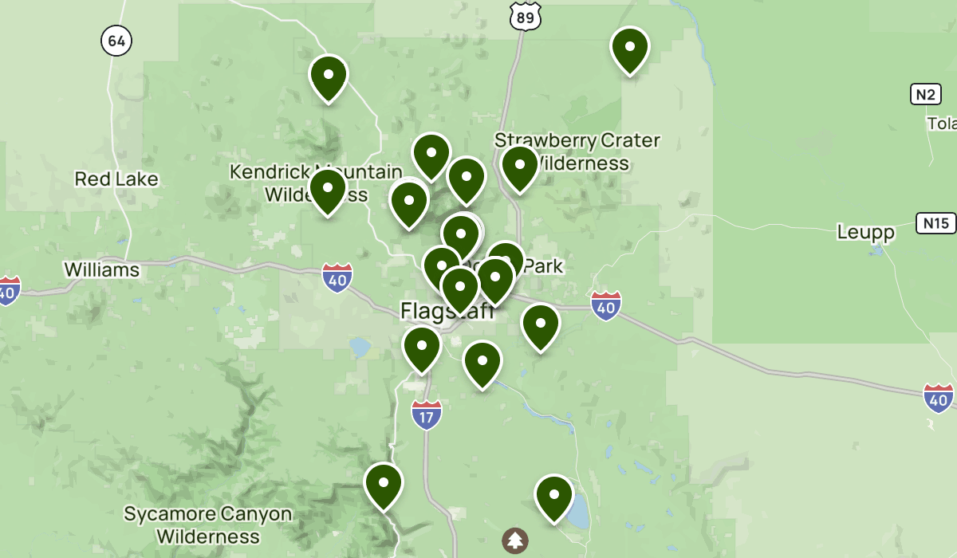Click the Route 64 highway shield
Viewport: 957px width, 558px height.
pyautogui.click(x=116, y=41)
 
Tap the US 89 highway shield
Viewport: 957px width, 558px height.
pyautogui.click(x=526, y=15)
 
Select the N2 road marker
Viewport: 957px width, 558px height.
pyautogui.click(x=925, y=95)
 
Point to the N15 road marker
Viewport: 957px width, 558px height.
pyautogui.click(x=935, y=223)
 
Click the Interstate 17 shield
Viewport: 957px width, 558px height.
pyautogui.click(x=427, y=415)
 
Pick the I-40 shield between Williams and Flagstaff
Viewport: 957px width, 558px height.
pyautogui.click(x=337, y=277)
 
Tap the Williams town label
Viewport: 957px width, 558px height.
pyautogui.click(x=101, y=269)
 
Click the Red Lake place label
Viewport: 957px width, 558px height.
pyautogui.click(x=116, y=179)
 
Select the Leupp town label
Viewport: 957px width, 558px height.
pyautogui.click(x=865, y=232)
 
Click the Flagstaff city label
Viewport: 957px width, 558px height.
pyautogui.click(x=447, y=310)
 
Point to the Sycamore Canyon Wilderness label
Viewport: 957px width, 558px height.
pyautogui.click(x=207, y=525)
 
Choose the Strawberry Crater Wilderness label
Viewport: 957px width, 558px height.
pyautogui.click(x=578, y=151)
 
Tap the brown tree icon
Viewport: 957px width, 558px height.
pyautogui.click(x=515, y=540)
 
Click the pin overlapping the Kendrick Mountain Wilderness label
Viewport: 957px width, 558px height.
pyautogui.click(x=328, y=190)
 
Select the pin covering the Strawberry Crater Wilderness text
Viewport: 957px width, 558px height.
pyautogui.click(x=519, y=166)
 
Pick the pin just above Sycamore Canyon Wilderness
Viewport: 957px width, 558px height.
pyautogui.click(x=384, y=483)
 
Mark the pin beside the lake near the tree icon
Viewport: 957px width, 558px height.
pyautogui.click(x=554, y=495)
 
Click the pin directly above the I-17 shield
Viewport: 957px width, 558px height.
pyautogui.click(x=422, y=347)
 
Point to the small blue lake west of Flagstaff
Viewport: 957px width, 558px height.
pyautogui.click(x=359, y=347)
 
